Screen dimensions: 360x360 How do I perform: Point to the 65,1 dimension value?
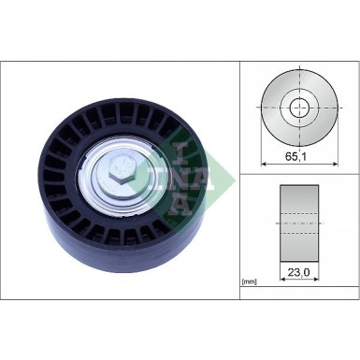(x=299, y=160)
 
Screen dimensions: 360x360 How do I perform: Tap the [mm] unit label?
(x=249, y=281)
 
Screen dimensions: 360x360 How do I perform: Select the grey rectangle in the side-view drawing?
(x=299, y=223)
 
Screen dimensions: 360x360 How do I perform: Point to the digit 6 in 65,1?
(x=289, y=160)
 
